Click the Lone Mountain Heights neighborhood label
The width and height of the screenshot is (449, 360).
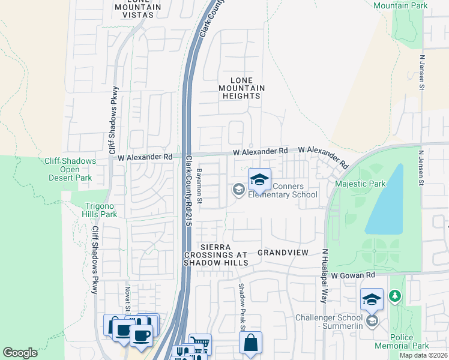tap(241, 88)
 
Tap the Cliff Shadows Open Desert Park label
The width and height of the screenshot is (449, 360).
tap(70, 169)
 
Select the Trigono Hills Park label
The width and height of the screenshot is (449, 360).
tap(100, 210)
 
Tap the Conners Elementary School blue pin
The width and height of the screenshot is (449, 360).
tap(259, 180)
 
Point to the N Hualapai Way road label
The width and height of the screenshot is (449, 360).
tap(324, 276)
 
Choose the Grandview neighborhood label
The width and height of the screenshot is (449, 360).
tap(283, 253)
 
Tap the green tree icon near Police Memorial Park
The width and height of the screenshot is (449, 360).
tap(394, 296)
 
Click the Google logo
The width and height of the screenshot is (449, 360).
tap(20, 353)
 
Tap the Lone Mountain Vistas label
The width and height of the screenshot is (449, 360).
tap(137, 8)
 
